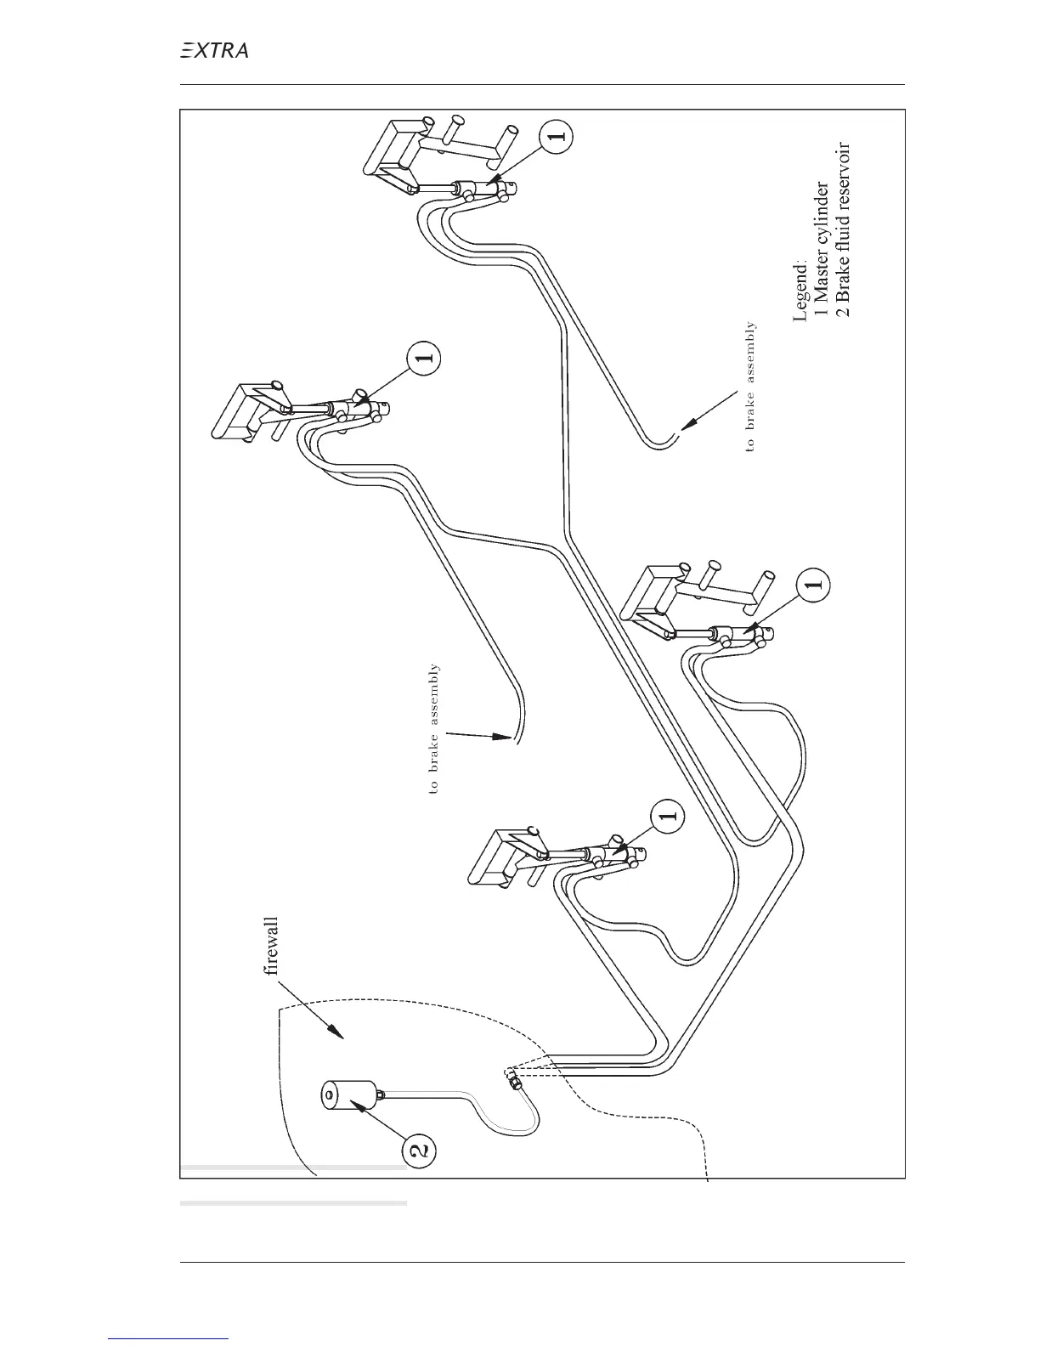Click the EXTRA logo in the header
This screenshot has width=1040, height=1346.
pyautogui.click(x=214, y=51)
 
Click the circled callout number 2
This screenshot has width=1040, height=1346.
pyautogui.click(x=419, y=1151)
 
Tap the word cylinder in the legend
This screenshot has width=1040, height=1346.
pyautogui.click(x=822, y=208)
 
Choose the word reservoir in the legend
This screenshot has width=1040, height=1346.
pyautogui.click(x=843, y=173)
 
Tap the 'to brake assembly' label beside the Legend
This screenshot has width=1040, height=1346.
pyautogui.click(x=749, y=386)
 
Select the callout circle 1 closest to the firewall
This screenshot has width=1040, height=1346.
pyautogui.click(x=669, y=815)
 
